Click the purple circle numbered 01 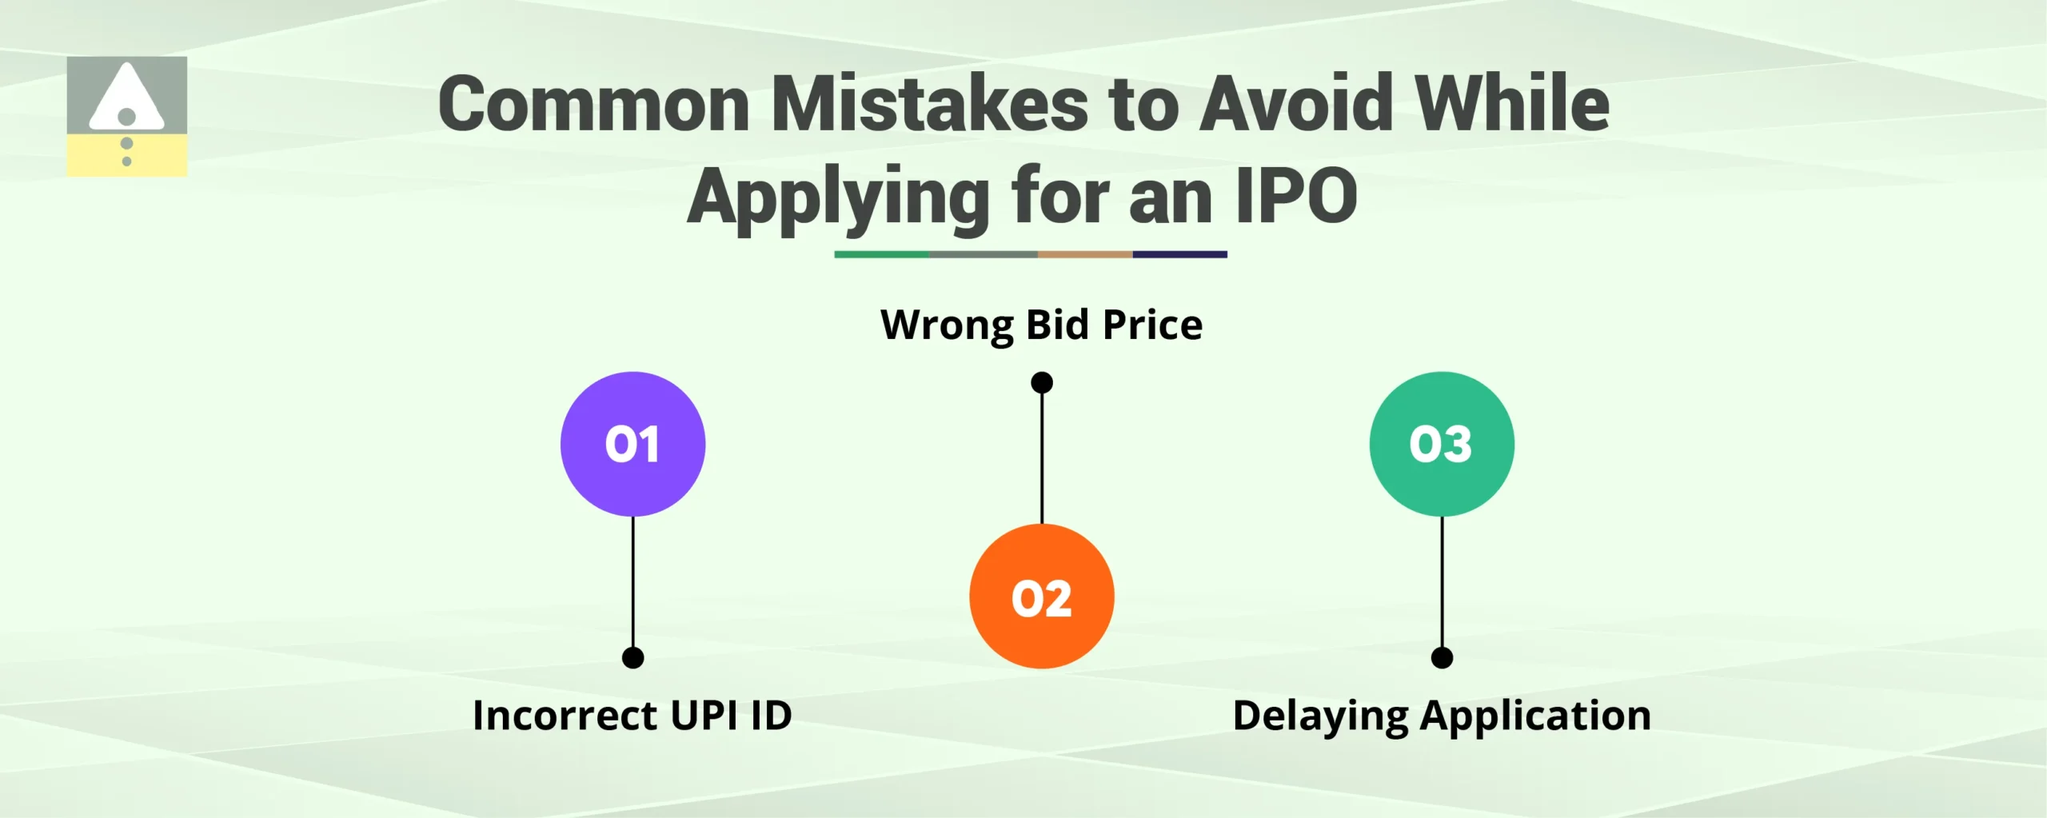click(x=632, y=444)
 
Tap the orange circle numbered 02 click(x=1041, y=597)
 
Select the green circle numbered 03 click(x=1441, y=444)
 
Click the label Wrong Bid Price click(x=1041, y=325)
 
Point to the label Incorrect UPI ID click(x=632, y=715)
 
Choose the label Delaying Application click(x=1442, y=715)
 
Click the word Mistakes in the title click(x=929, y=104)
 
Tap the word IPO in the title click(x=1296, y=196)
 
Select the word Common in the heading click(x=593, y=104)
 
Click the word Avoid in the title click(x=1297, y=104)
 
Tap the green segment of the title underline click(x=881, y=254)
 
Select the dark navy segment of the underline click(x=1179, y=254)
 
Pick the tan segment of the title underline click(x=1084, y=254)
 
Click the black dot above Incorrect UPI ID click(x=632, y=657)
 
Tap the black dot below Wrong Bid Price click(x=1041, y=382)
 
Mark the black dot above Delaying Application click(x=1442, y=657)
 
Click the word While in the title click(x=1511, y=104)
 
